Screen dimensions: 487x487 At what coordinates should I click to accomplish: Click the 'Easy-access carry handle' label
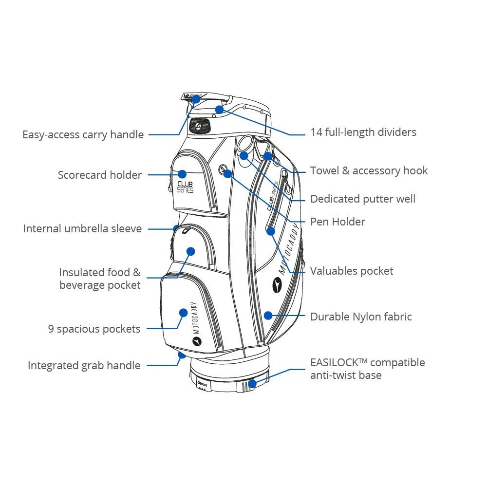[x=83, y=134]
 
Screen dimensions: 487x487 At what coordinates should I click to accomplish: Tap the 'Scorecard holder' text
[x=100, y=175]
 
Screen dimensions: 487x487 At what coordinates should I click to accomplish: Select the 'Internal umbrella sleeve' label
[x=82, y=228]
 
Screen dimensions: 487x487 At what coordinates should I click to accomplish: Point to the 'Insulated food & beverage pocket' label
[x=100, y=279]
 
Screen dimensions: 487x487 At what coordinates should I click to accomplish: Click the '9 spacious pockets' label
[x=94, y=329]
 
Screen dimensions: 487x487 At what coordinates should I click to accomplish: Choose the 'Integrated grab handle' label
[x=84, y=365]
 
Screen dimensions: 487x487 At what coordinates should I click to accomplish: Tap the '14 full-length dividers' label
[x=363, y=132]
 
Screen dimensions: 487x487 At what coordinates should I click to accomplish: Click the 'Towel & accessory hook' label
[x=369, y=170]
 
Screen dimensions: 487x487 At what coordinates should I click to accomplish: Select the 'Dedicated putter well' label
[x=363, y=199]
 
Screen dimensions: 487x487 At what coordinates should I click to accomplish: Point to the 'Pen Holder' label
[x=337, y=222]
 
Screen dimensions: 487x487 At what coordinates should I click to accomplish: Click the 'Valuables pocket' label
[x=352, y=271]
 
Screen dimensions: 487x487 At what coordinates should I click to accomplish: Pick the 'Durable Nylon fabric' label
[x=361, y=317]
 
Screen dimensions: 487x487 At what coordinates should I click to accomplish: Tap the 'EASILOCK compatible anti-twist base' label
[x=367, y=369]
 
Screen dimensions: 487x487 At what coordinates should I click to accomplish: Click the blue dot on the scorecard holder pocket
[x=182, y=174]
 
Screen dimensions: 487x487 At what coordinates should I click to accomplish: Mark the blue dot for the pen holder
[x=227, y=173]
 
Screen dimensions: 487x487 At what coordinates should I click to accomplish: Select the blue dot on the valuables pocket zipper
[x=271, y=231]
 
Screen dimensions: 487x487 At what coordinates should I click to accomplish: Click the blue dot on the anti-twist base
[x=252, y=383]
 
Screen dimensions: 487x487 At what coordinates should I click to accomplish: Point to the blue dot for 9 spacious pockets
[x=183, y=313]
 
